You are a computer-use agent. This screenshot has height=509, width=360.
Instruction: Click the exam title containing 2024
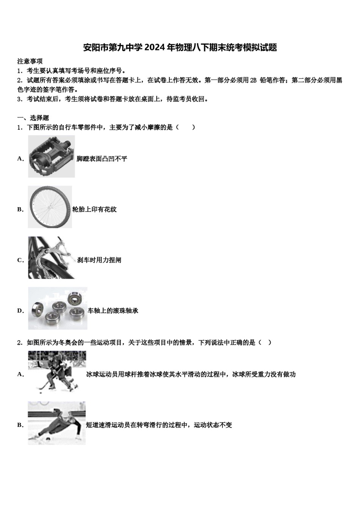point(180,47)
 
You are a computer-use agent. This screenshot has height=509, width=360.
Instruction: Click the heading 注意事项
point(30,61)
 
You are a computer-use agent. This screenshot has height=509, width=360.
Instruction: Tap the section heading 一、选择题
point(33,118)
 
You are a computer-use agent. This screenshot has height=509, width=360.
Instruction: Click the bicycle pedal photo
point(51,156)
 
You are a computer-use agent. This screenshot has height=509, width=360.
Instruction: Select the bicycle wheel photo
point(50,207)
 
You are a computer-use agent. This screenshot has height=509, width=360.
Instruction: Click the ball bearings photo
point(57,308)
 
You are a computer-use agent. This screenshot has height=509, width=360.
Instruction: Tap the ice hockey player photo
point(57,372)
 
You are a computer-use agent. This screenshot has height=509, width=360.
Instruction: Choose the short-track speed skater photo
point(56,423)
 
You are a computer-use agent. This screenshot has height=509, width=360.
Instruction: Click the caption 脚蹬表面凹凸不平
point(102,159)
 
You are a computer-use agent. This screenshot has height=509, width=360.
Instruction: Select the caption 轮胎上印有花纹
point(94,209)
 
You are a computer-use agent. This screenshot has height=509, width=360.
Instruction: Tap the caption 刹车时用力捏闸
point(99,260)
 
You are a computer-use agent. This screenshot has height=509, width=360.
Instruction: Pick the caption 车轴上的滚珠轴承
point(113,311)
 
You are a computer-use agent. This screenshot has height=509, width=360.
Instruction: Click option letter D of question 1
point(20,311)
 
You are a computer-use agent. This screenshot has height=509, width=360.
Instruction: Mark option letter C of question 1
point(20,260)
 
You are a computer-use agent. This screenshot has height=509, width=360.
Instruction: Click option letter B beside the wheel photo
point(20,209)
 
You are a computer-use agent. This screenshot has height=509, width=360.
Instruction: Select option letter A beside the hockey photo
point(20,375)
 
